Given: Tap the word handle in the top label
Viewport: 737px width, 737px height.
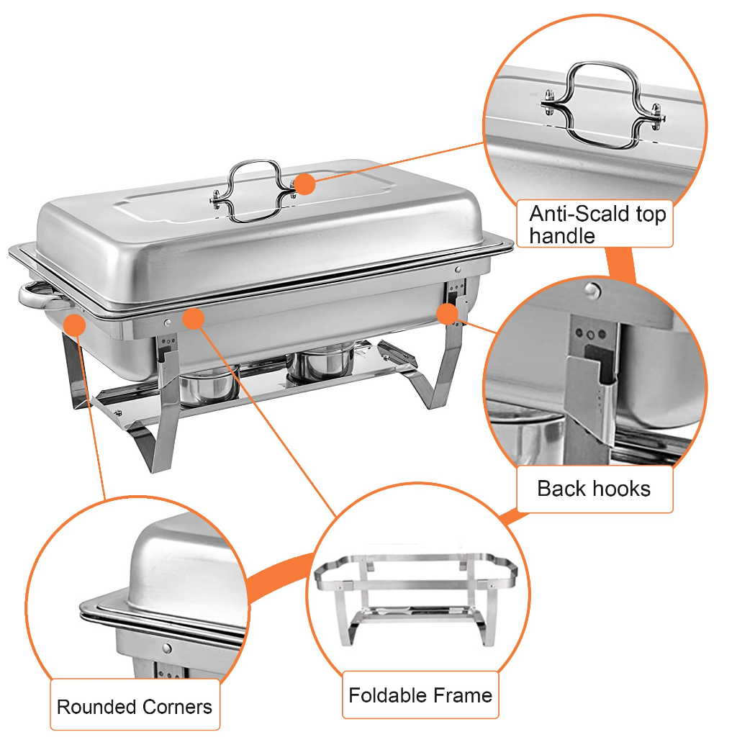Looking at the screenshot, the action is coord(562,235).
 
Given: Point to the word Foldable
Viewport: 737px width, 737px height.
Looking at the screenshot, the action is coord(386,695).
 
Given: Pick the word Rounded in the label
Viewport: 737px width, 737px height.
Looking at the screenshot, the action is coord(96,707).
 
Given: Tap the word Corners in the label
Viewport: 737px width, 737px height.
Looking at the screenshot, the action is coord(177,707).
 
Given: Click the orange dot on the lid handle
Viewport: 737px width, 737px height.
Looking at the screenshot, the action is coord(304,184).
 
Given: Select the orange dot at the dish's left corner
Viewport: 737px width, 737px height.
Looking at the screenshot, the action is coord(74,325).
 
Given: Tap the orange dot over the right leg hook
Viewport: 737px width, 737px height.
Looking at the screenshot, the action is coord(447,314).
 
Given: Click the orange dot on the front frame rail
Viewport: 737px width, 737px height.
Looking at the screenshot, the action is coord(193,319).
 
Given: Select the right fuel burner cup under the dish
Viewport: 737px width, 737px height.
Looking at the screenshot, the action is coord(320,361).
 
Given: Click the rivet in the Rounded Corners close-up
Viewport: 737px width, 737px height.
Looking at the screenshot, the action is coord(166,648).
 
